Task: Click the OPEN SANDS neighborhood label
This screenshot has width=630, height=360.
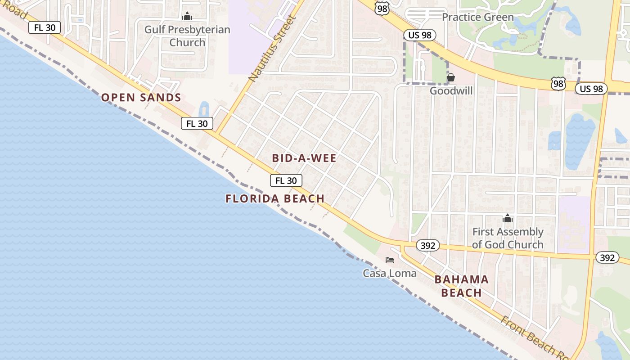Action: click(141, 97)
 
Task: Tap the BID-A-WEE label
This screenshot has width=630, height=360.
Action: click(304, 158)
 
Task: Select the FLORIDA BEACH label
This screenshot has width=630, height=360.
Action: click(275, 198)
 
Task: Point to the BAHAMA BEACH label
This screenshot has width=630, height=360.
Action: click(461, 286)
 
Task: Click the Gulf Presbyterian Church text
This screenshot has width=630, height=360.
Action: click(187, 36)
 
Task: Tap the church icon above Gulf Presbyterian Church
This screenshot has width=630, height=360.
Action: click(187, 17)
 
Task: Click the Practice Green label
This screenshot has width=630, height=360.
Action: click(477, 17)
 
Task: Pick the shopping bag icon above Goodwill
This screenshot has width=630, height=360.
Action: click(451, 77)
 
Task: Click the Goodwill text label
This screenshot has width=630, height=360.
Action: click(451, 91)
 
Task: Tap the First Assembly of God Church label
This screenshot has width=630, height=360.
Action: click(508, 238)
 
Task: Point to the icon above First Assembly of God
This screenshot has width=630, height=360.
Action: click(508, 219)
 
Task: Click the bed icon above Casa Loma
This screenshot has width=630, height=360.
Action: click(390, 260)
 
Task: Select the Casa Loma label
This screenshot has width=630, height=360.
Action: click(390, 273)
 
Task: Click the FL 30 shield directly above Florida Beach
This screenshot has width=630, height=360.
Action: click(286, 180)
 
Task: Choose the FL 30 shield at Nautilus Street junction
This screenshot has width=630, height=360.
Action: click(197, 123)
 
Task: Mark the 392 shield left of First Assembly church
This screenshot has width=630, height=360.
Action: click(427, 245)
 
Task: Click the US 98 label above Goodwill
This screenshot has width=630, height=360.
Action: click(419, 35)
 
